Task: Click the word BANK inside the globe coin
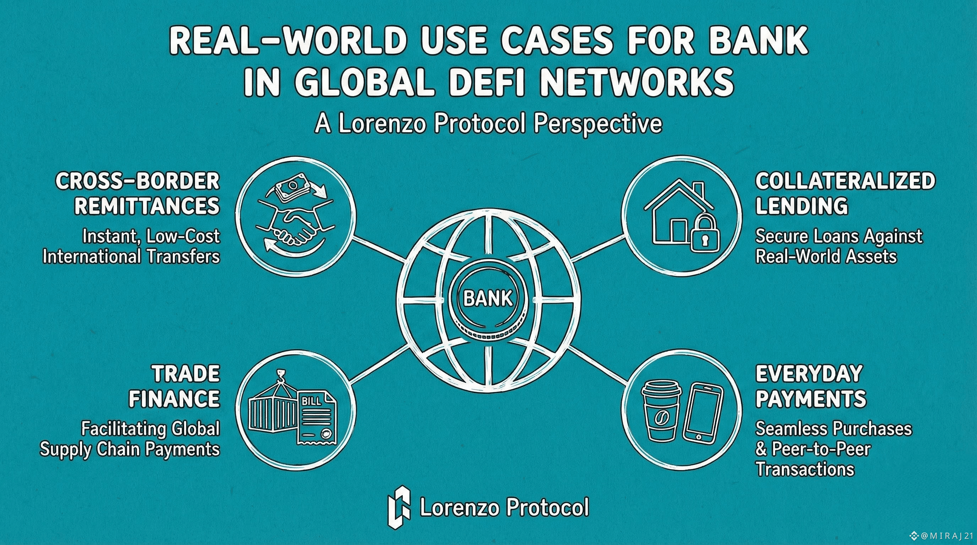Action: point(488,298)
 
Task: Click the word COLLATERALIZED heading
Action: point(845,181)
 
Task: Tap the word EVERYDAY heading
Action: point(809,374)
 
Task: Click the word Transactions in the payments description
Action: point(805,469)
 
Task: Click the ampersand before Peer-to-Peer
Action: point(761,450)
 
